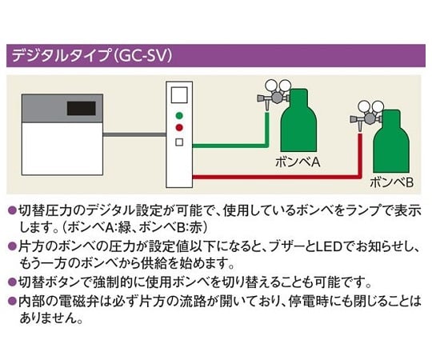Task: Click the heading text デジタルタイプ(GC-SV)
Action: click(x=92, y=56)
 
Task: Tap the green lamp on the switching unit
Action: click(x=179, y=116)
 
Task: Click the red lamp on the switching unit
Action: click(x=179, y=128)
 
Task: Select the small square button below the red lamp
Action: click(x=179, y=142)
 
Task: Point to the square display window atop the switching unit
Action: click(x=179, y=94)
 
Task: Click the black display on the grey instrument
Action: click(x=82, y=108)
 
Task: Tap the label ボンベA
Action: click(x=298, y=162)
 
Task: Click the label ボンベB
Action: click(x=391, y=182)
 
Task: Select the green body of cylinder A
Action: click(x=298, y=121)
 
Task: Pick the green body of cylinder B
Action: click(x=391, y=142)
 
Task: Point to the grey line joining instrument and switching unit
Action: click(x=134, y=134)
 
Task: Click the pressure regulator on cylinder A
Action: click(x=274, y=94)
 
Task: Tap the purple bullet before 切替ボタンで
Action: click(x=12, y=282)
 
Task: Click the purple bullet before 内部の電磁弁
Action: click(x=12, y=301)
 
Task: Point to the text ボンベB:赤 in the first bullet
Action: click(x=172, y=227)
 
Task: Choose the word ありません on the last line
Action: click(x=47, y=318)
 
